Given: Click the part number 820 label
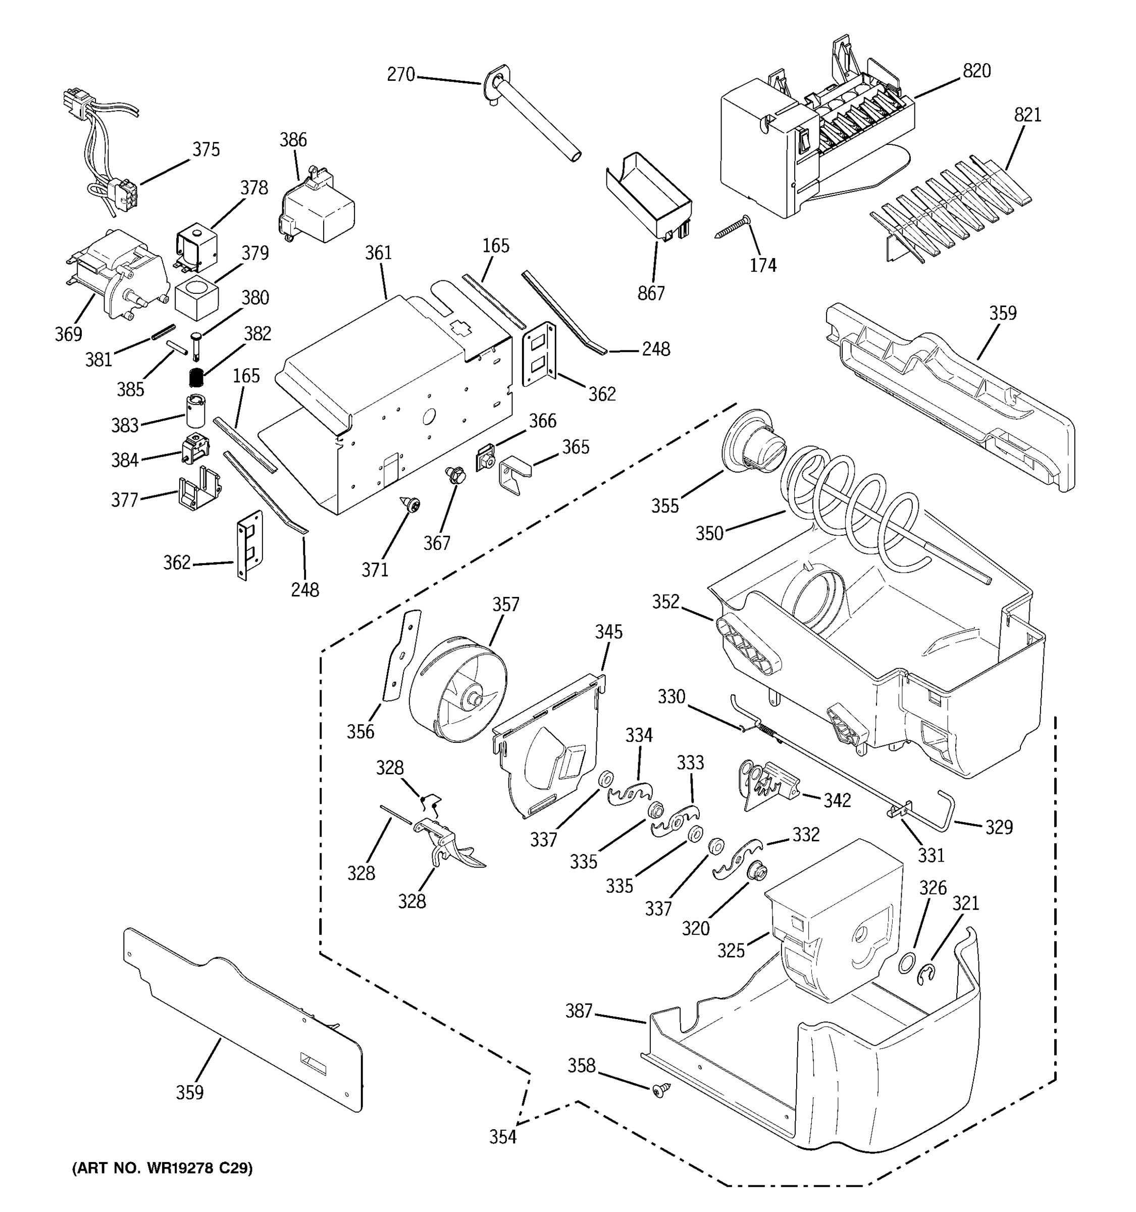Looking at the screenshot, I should (x=976, y=71).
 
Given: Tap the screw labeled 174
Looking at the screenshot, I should (x=731, y=229).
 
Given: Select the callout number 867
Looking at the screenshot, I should (x=650, y=293).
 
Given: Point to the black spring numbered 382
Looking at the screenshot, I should (x=195, y=378).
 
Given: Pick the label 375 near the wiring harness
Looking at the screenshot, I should (x=206, y=149).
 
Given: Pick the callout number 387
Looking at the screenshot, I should (x=579, y=1011).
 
